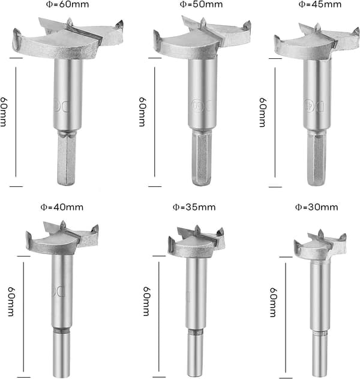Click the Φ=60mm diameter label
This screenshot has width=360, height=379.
pos(67,4)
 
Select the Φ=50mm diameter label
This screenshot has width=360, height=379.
pos(201,4)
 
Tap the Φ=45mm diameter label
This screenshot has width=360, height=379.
pos(320,4)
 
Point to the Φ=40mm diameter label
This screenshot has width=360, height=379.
pos(62,207)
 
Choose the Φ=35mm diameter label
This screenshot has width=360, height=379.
pos(194,207)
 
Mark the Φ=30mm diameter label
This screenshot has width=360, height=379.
pos(317,207)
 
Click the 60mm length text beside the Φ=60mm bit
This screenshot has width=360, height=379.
pos(4,112)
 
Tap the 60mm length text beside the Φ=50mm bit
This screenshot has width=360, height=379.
pos(142,112)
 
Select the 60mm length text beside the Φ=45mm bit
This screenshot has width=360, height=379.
pos(262,112)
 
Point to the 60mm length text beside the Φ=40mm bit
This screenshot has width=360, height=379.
pos(11,302)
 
